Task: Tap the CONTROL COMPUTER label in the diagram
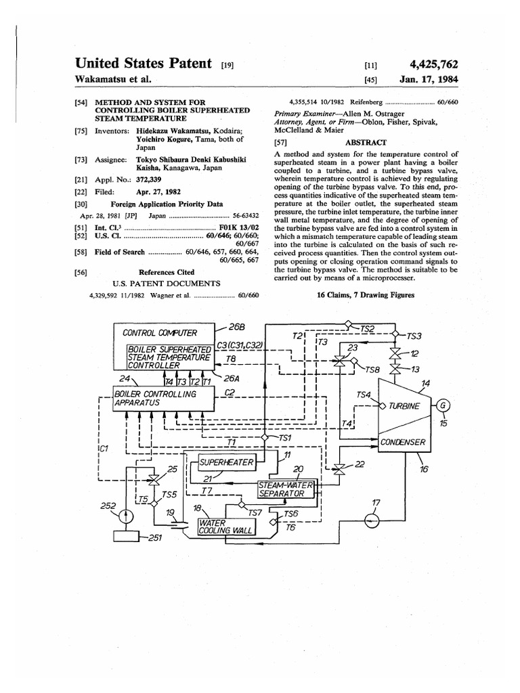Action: tap(160, 332)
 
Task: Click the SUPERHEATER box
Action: tap(225, 462)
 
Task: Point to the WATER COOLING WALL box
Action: tap(225, 527)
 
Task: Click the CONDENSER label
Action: tap(402, 443)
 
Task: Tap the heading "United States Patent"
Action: tap(144, 64)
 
